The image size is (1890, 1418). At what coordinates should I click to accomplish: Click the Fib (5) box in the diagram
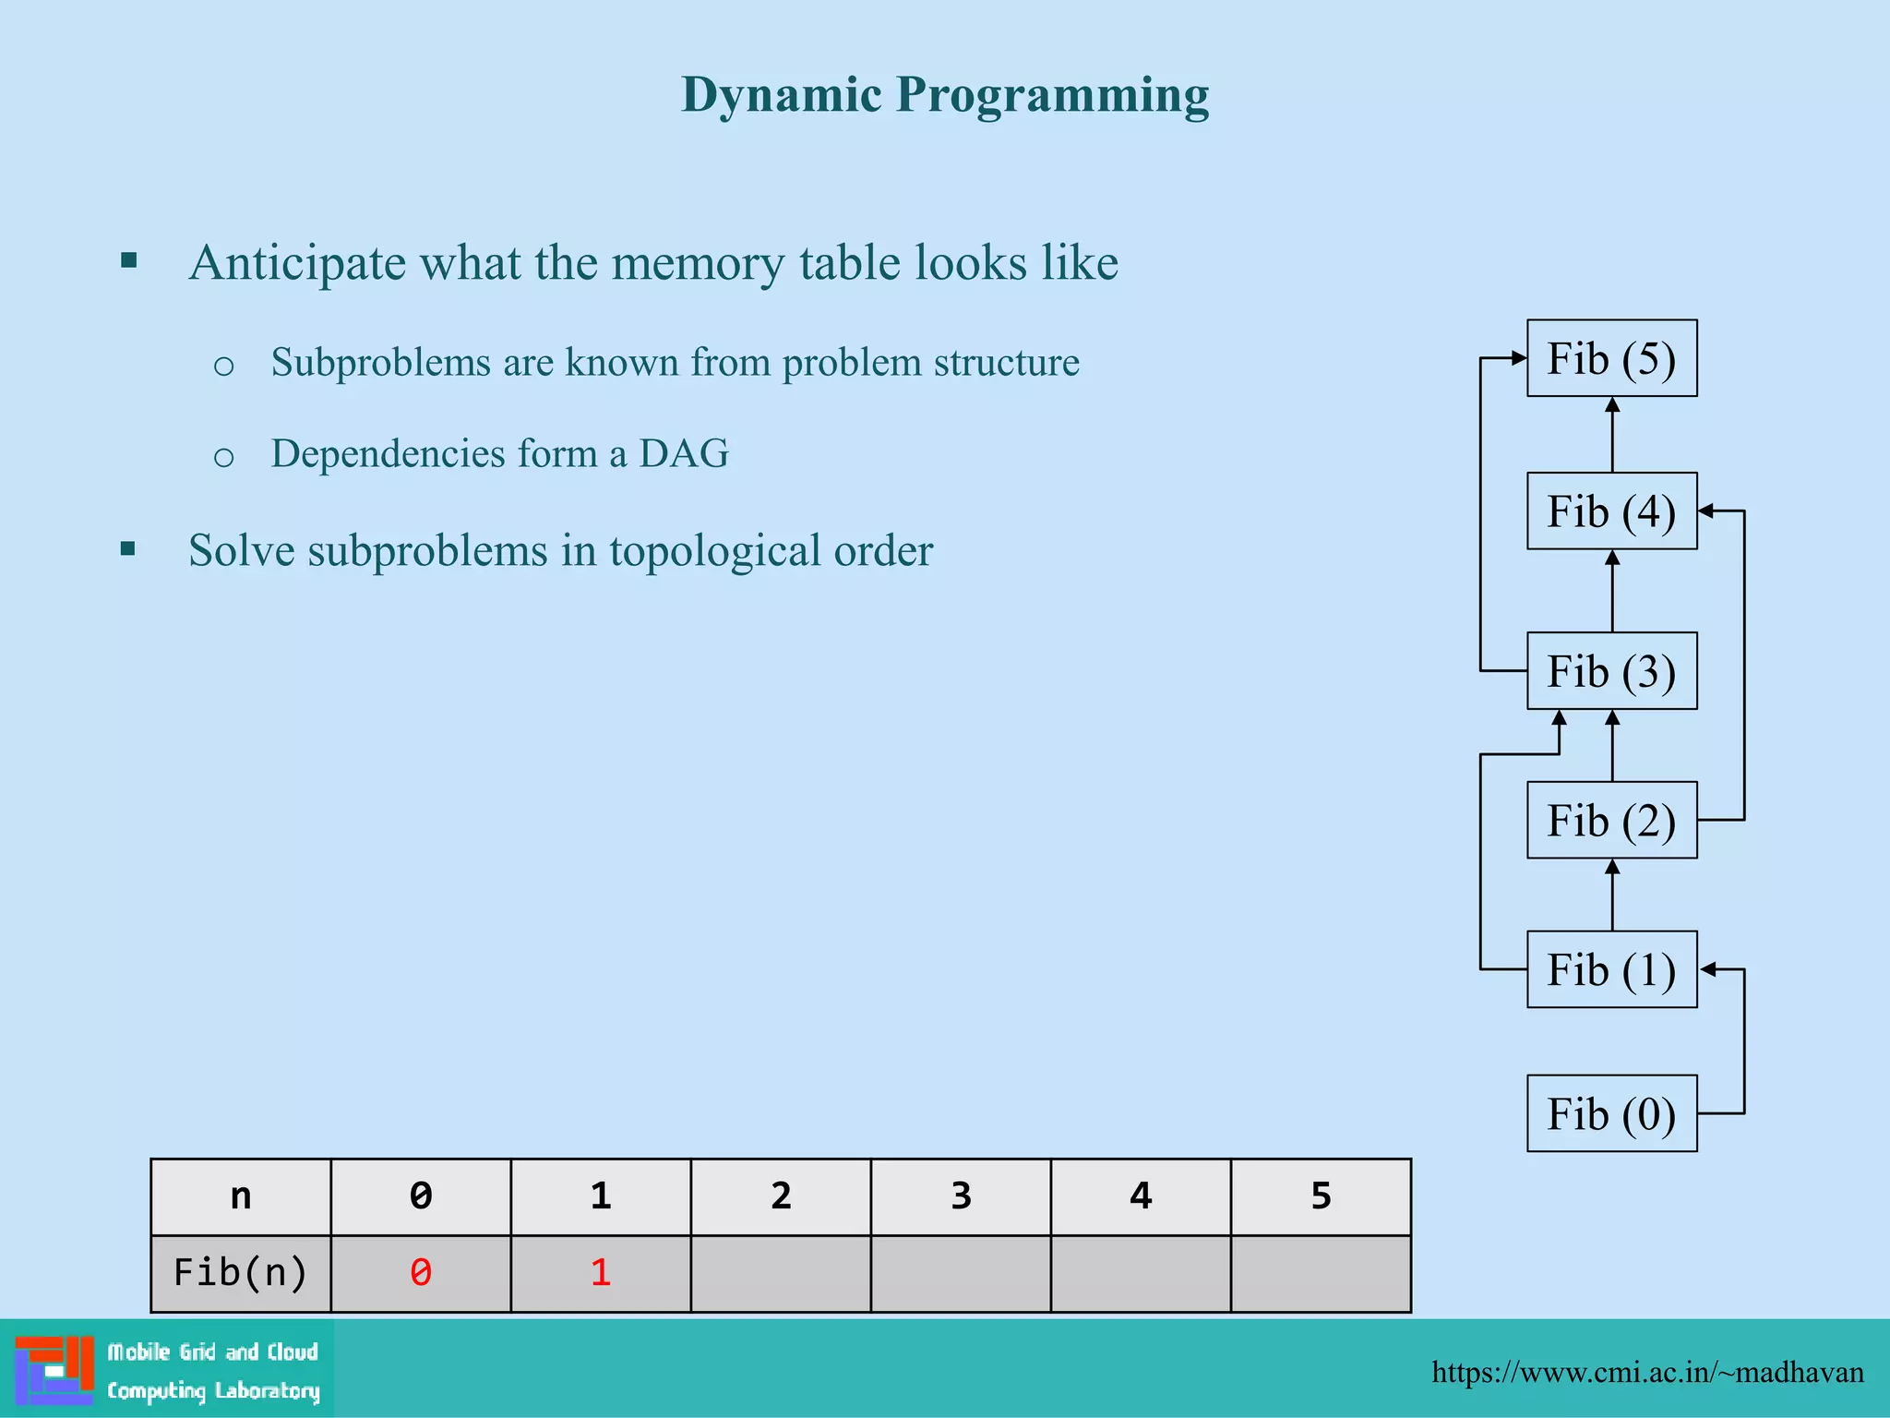pyautogui.click(x=1611, y=358)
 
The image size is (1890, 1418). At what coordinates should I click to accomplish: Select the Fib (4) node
pyautogui.click(x=1611, y=511)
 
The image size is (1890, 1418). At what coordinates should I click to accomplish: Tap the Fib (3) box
pyautogui.click(x=1611, y=671)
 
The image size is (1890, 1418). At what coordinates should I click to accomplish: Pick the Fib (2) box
pyautogui.click(x=1611, y=821)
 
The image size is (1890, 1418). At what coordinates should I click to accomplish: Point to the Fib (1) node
pyautogui.click(x=1611, y=969)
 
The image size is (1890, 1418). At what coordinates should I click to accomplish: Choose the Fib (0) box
pyautogui.click(x=1611, y=1113)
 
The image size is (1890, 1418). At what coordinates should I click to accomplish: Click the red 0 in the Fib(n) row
pyautogui.click(x=421, y=1273)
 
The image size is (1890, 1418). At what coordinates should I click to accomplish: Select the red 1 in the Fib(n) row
pyautogui.click(x=601, y=1273)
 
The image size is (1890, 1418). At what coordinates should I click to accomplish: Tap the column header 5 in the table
pyautogui.click(x=1321, y=1196)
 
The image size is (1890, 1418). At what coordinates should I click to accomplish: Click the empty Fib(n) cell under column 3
pyautogui.click(x=961, y=1273)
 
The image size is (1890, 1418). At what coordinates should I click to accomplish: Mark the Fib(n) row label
pyautogui.click(x=240, y=1273)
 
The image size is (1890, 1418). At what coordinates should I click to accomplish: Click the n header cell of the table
pyautogui.click(x=240, y=1196)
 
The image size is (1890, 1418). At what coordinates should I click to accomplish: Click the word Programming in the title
pyautogui.click(x=1052, y=96)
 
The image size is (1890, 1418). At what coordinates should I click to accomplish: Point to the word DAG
pyautogui.click(x=684, y=453)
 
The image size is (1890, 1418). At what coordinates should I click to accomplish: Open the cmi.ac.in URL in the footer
pyautogui.click(x=1647, y=1372)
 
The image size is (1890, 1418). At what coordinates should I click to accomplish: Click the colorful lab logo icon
pyautogui.click(x=54, y=1370)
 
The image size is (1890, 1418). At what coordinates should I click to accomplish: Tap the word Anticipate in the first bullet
pyautogui.click(x=297, y=263)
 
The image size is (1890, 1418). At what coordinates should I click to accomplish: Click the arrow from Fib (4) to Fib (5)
pyautogui.click(x=1612, y=435)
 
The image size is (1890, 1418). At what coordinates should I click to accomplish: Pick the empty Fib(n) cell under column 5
pyautogui.click(x=1321, y=1273)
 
